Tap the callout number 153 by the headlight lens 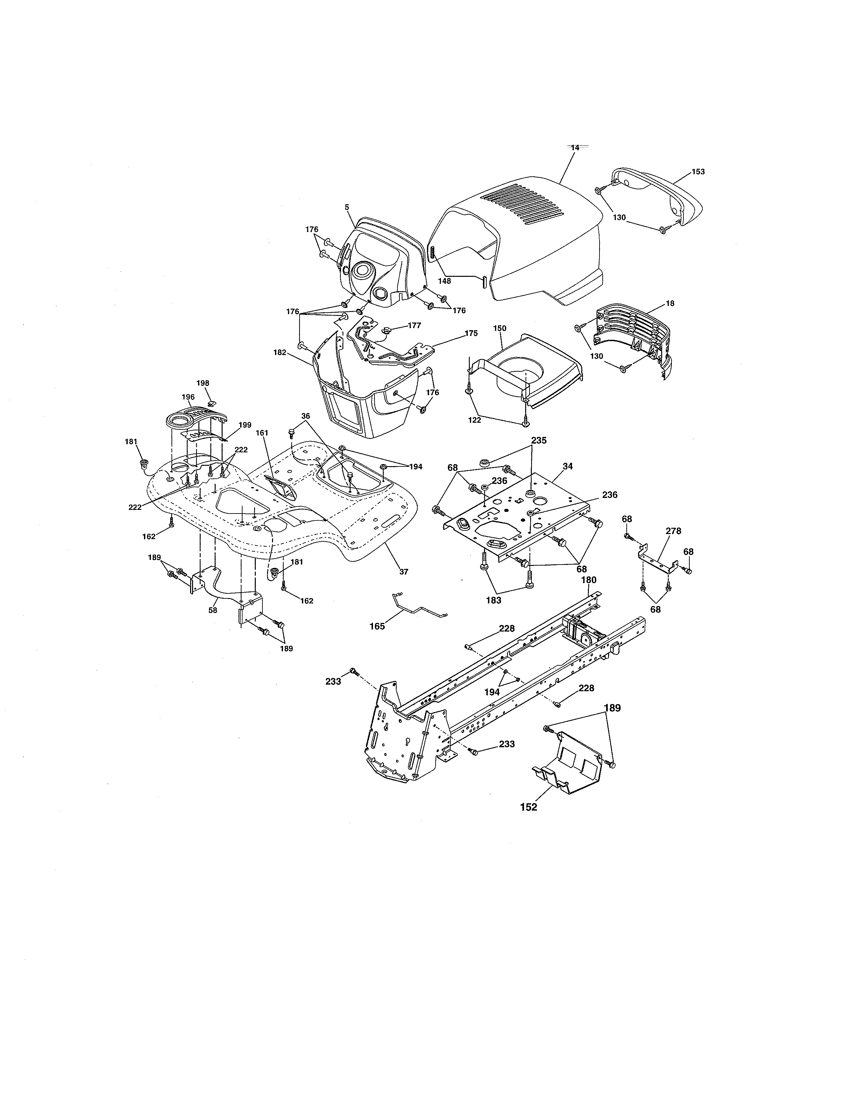pos(698,172)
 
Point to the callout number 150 pos(500,329)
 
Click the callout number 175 pos(471,334)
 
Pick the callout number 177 pos(414,326)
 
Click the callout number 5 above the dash pos(346,207)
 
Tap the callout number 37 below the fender pos(403,572)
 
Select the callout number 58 pos(213,611)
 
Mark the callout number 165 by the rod pos(377,626)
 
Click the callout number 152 pos(528,807)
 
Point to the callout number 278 pos(673,531)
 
